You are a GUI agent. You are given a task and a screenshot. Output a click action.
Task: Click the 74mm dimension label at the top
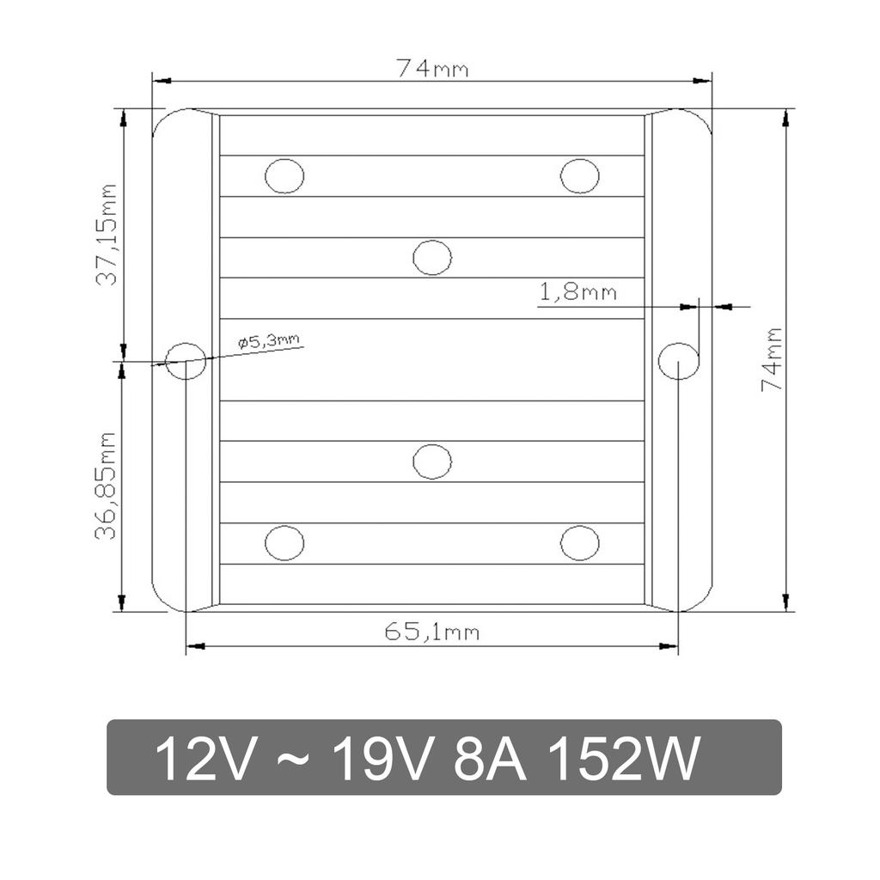(432, 69)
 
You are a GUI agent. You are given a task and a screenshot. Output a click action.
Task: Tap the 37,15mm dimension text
(107, 235)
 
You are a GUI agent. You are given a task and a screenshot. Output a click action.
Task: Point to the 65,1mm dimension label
(431, 632)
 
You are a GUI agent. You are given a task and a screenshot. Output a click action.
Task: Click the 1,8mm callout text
(577, 292)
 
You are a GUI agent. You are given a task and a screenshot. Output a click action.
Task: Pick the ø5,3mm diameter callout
(270, 341)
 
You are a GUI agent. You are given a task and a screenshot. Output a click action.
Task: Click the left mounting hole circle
(185, 360)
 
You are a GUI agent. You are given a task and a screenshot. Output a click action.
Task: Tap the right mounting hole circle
(678, 360)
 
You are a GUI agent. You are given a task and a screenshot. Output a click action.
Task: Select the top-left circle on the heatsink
(284, 176)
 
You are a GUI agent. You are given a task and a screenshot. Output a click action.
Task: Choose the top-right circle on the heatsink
(580, 176)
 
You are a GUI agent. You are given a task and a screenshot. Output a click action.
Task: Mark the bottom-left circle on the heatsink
(284, 543)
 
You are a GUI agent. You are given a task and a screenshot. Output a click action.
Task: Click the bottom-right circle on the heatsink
(580, 543)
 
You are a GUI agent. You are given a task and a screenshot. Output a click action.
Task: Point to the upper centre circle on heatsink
(432, 257)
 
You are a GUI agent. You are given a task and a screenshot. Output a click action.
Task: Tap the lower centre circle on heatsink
(432, 461)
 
